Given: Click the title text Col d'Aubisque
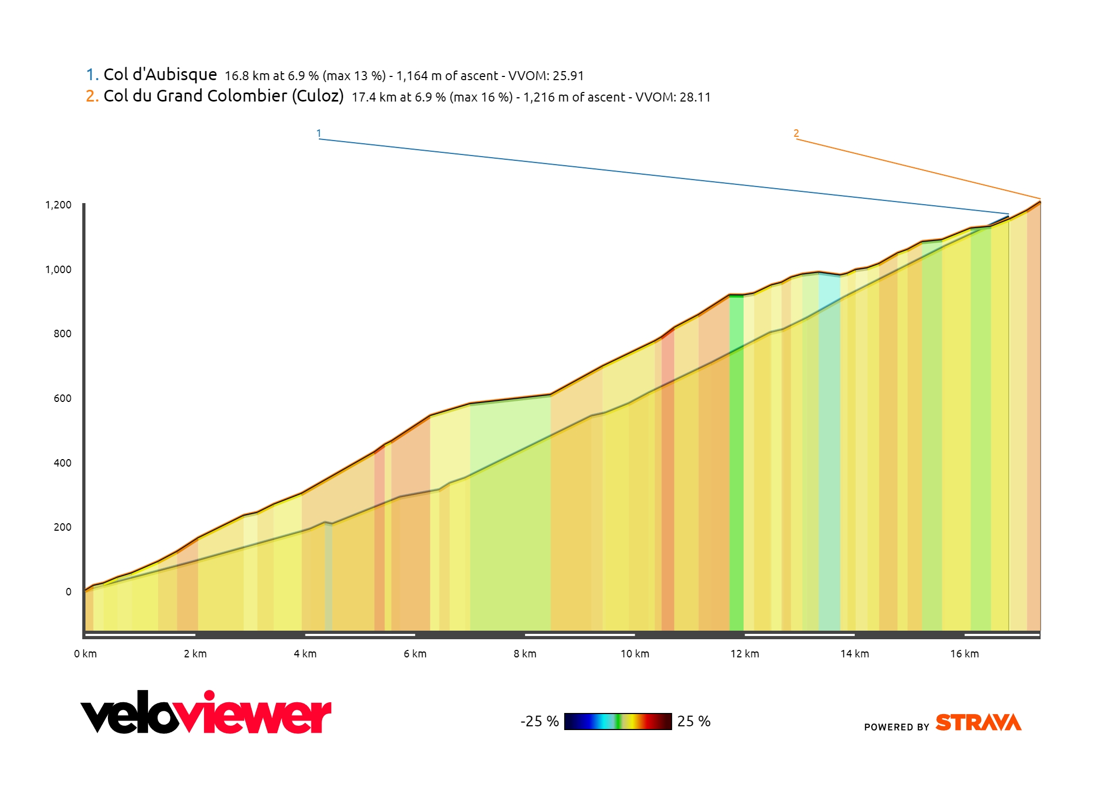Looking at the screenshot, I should tap(160, 74).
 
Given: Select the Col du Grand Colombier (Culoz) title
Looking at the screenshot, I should tap(223, 96).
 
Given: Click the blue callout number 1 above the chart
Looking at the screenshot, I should tap(319, 133).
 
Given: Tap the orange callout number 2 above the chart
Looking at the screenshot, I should tap(796, 133).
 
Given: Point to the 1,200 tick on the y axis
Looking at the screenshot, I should tap(58, 205).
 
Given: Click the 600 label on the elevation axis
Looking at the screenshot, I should tap(62, 398).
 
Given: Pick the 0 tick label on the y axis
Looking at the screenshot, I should tap(68, 592).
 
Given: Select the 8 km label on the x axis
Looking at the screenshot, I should tap(525, 654).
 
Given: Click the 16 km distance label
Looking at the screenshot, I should tap(964, 654).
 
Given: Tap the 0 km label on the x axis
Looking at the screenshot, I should tap(85, 654).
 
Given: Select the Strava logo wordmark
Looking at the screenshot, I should tap(978, 723).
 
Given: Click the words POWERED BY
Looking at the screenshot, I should tap(896, 727).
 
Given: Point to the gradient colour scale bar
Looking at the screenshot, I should tap(618, 722).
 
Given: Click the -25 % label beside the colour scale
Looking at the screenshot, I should tap(540, 722).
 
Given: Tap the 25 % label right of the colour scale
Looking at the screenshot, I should tap(694, 722).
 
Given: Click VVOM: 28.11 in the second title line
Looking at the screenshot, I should tap(673, 97).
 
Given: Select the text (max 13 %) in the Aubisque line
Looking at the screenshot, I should tap(354, 76).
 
